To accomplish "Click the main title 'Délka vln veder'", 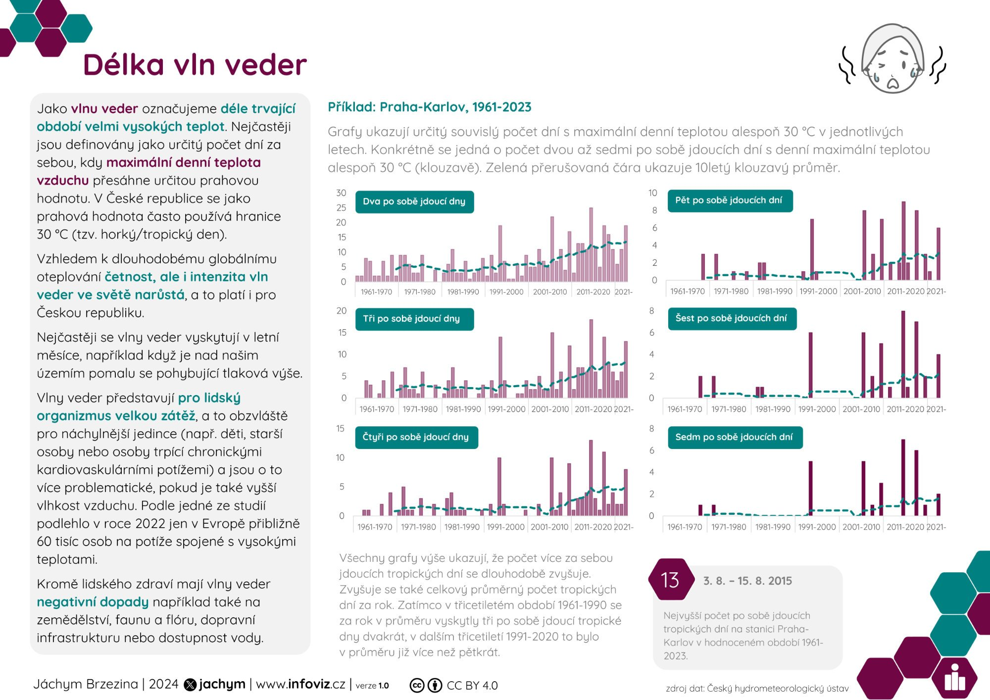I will pos(195,65).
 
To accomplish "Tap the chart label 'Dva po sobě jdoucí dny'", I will pos(414,201).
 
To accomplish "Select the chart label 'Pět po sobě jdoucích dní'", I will pos(729,200).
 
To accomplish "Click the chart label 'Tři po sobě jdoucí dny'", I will pos(411,319).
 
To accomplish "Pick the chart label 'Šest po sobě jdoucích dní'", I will pos(731,318).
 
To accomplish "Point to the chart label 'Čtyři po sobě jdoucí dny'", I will pos(415,437).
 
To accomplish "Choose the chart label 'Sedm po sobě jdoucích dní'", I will pos(734,437).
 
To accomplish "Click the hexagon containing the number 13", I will pos(670,580).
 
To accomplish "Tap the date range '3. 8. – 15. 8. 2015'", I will pos(747,581).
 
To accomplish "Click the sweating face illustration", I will pos(892,59).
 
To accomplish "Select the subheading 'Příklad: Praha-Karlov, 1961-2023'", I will pos(429,107).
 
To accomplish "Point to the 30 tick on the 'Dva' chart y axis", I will pos(341,193).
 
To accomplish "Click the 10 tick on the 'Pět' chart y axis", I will pos(653,193).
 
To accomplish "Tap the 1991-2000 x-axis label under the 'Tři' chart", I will pos(506,409).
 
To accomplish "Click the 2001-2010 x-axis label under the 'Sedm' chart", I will pos(861,527).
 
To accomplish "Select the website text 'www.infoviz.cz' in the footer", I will pos(300,684).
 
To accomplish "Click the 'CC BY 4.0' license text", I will pos(472,686).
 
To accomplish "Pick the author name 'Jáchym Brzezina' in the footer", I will pos(86,684).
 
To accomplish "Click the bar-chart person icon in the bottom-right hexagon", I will pos(954,678).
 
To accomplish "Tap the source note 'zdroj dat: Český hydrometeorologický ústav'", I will pos(757,689).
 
